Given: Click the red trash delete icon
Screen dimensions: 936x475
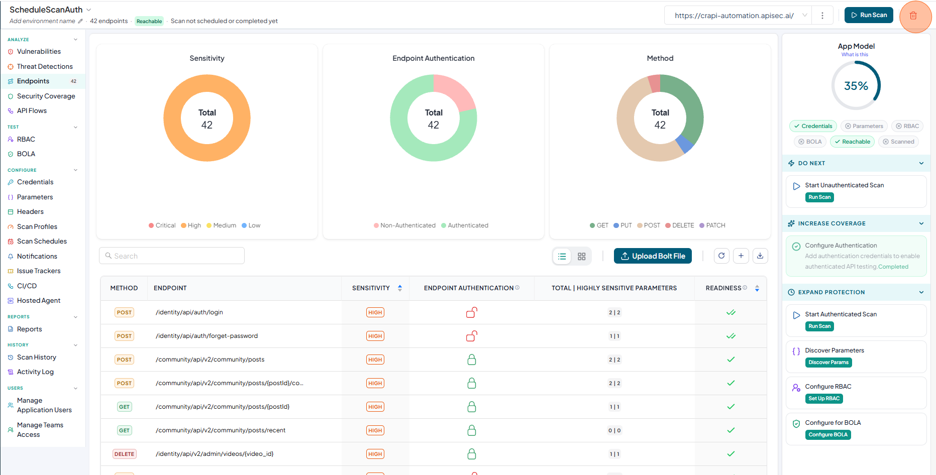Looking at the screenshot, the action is point(913,16).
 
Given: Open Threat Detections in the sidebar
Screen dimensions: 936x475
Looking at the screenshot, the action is point(45,66).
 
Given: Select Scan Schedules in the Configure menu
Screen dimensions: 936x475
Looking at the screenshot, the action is point(42,241).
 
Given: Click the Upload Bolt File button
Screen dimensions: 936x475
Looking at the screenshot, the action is point(653,256).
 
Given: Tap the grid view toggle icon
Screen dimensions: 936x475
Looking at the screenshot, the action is point(581,256).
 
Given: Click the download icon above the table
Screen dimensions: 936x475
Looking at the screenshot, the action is point(760,256).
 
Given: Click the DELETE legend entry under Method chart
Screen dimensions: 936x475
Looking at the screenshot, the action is point(679,225).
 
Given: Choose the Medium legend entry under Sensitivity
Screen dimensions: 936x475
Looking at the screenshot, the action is point(221,225).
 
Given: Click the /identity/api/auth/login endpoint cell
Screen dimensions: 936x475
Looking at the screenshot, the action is point(189,312).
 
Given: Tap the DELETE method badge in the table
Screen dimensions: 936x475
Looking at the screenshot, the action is point(124,454).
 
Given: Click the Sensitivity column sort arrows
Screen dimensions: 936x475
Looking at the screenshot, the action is point(400,288).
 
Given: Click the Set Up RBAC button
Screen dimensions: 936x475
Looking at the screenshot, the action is point(824,399).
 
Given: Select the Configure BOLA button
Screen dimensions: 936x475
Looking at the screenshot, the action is point(828,435).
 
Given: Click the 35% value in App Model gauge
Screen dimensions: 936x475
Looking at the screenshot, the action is point(856,86).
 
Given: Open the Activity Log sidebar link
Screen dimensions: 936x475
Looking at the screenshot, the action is point(35,372).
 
